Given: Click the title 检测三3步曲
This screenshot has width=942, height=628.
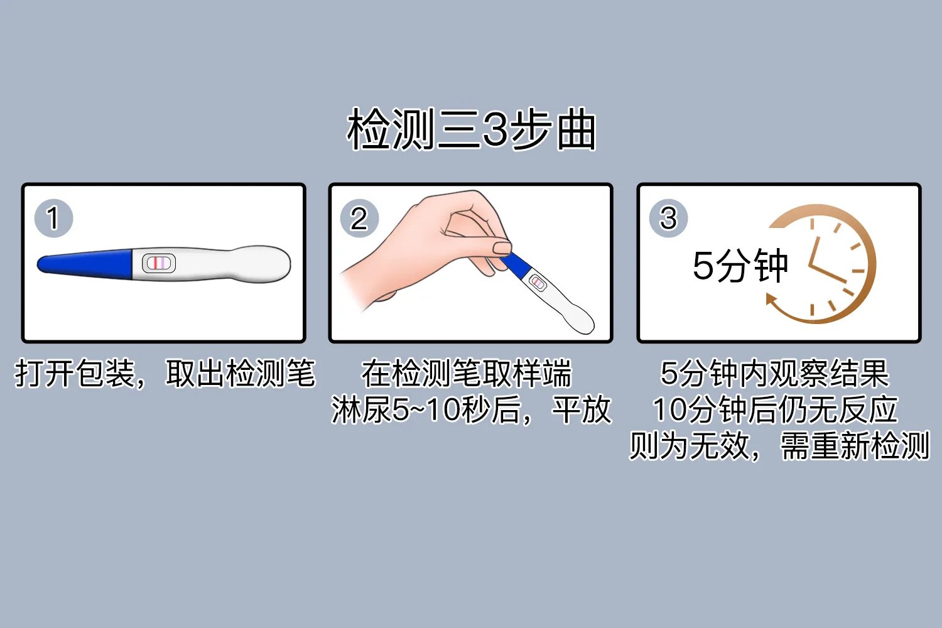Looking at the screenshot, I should pos(471,130).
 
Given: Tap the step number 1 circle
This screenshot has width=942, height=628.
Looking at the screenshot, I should pos(53,219).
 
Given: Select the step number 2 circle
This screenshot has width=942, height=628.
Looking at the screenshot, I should pos(359,219).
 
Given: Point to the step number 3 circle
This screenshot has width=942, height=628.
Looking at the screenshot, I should pos(668,219).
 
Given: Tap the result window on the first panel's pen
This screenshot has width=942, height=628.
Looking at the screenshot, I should pos(158,263).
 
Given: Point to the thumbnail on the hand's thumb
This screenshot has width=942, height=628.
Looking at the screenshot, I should pos(502,247).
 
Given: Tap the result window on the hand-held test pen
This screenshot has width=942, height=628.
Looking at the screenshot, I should pos(538,283).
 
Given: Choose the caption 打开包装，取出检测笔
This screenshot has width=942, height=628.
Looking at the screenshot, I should pos(165,374).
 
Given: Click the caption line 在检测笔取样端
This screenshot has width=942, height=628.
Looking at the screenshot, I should pos(467,374).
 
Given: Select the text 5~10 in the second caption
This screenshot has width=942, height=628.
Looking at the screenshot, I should pos(426,410).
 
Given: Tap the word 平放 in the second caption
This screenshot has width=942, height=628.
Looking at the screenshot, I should pos(582,410).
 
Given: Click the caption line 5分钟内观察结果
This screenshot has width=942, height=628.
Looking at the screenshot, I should pos(775,374).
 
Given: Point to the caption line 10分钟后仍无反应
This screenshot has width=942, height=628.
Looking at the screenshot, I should pos(775,410).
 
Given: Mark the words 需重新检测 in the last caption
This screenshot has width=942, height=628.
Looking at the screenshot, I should pos(854,447).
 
